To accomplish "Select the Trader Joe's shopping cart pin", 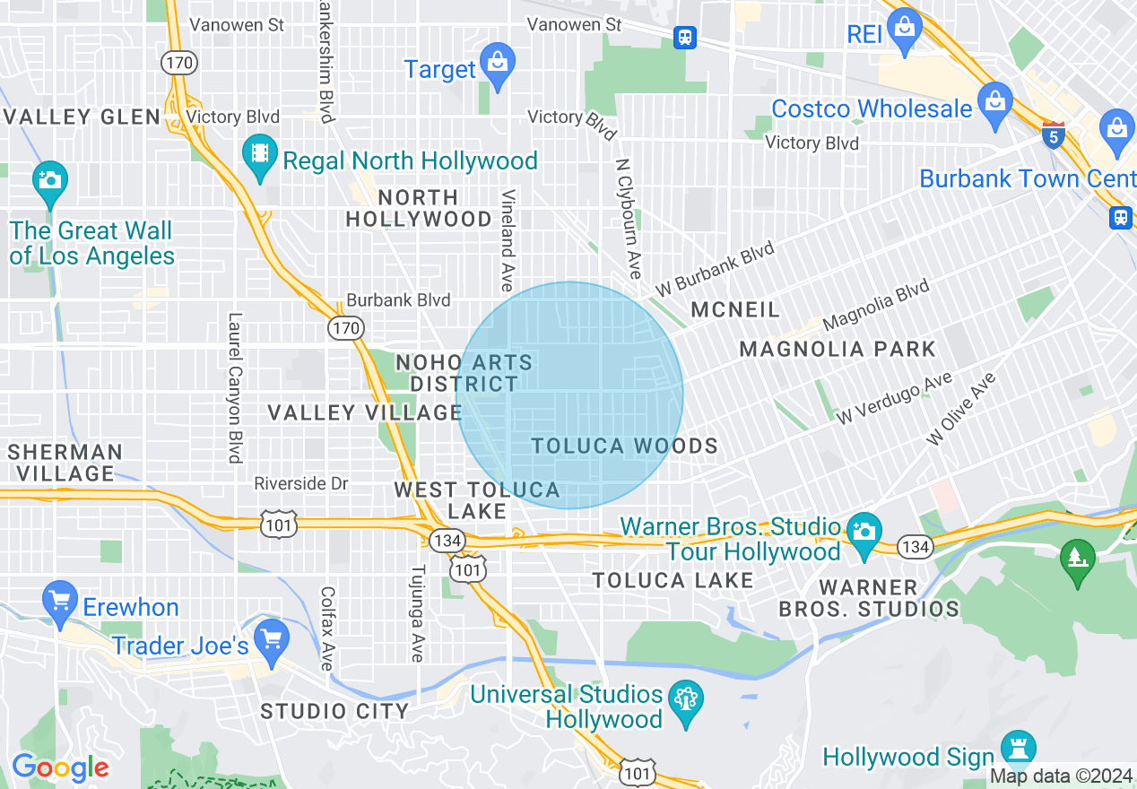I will pos(271,637).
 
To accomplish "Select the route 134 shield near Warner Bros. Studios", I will pos(916,547).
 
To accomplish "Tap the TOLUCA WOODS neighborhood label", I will pos(625,446).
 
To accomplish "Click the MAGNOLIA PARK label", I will pos(838,349).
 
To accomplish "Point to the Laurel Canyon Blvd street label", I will pos(236,387).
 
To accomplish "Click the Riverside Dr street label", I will pos(300,483).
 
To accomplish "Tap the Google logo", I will pos(60,767).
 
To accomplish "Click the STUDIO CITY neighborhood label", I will pos(334,711).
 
